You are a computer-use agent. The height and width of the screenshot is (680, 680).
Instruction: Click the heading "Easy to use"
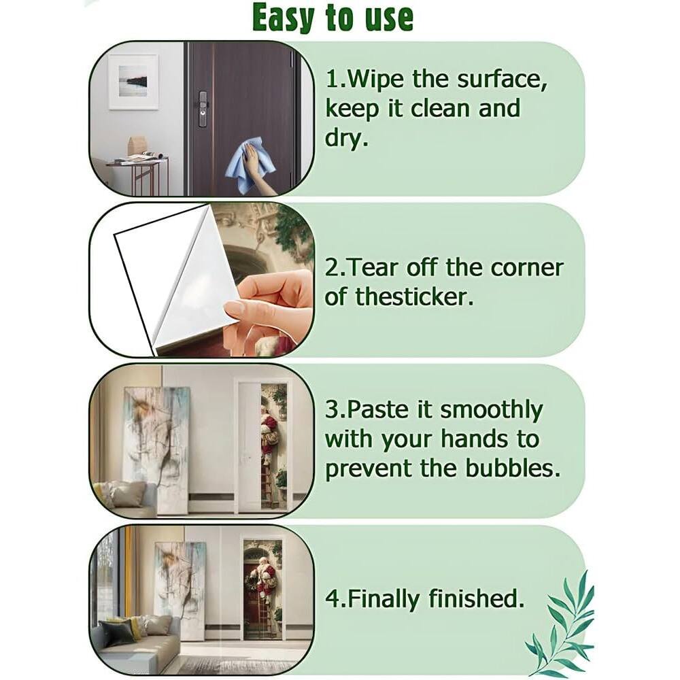coord(333,18)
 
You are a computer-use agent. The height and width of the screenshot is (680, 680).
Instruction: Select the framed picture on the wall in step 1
coord(133,82)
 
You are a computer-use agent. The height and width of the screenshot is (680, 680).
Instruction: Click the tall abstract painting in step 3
coord(155,449)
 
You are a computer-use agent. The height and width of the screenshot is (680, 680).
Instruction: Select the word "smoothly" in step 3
coord(492,411)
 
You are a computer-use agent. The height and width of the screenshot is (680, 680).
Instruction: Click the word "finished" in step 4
coord(476,598)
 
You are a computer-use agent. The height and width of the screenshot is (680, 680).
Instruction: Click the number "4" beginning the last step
coord(332,599)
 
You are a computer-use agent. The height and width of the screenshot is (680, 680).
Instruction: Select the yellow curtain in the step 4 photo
coord(129,571)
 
